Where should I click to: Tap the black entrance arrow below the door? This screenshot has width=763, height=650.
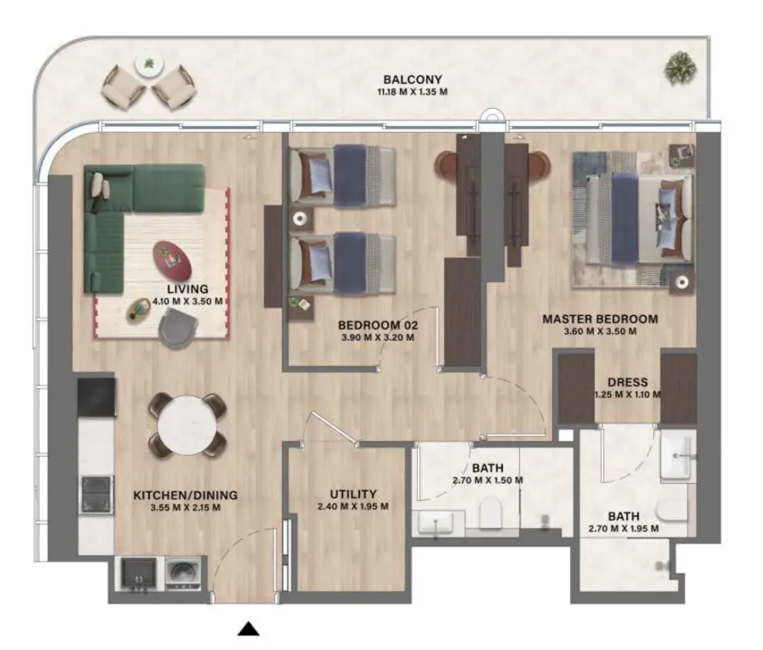pyautogui.click(x=248, y=629)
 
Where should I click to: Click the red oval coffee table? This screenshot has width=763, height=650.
pyautogui.click(x=172, y=260)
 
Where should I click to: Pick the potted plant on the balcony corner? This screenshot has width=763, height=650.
pyautogui.click(x=680, y=67)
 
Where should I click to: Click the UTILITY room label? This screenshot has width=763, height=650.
pyautogui.click(x=352, y=495)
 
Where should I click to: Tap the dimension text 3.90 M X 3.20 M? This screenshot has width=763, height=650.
pyautogui.click(x=378, y=337)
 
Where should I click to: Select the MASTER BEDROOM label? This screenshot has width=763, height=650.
pyautogui.click(x=599, y=318)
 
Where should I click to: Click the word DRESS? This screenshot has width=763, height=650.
pyautogui.click(x=627, y=382)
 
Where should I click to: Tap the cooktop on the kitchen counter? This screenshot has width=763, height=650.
pyautogui.click(x=96, y=493)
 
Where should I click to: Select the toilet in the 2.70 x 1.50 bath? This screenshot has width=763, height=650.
pyautogui.click(x=490, y=512)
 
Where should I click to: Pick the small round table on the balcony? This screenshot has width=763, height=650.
pyautogui.click(x=147, y=64)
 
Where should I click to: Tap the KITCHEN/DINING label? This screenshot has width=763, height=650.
pyautogui.click(x=185, y=495)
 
